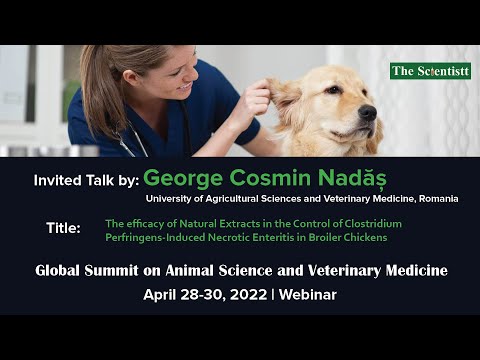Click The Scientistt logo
430,71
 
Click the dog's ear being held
286,101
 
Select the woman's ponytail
98,85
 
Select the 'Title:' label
64,228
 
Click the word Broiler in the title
308,237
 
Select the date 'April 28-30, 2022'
204,295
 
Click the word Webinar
308,295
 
